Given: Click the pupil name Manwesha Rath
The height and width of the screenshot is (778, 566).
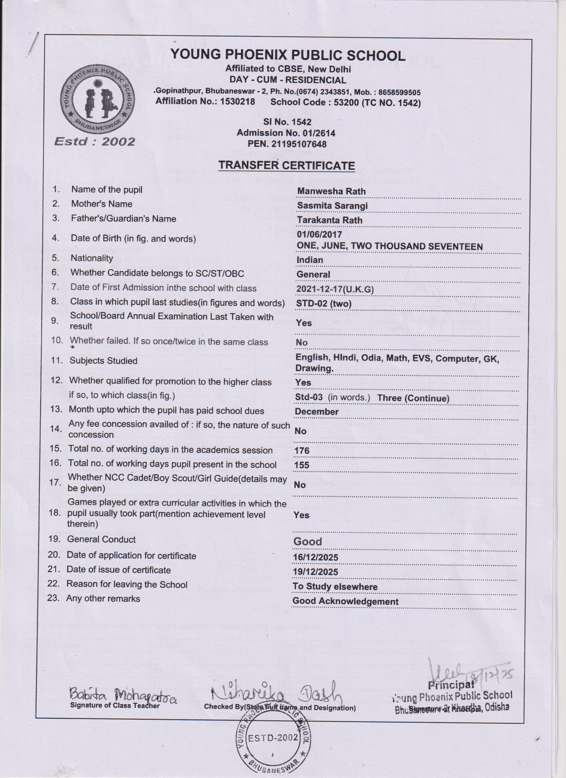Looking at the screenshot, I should click(x=331, y=191).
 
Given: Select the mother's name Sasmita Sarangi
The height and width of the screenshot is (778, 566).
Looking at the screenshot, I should click(x=332, y=206).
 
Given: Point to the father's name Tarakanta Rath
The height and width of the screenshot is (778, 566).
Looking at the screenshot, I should click(x=330, y=220).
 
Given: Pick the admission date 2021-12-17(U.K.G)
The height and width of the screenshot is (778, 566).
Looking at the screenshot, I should click(x=335, y=289).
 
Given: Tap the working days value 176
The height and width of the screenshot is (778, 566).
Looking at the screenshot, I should click(x=302, y=450).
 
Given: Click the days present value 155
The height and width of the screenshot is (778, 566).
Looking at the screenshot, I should click(x=302, y=465).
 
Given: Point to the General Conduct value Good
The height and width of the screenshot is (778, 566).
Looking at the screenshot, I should click(x=308, y=542).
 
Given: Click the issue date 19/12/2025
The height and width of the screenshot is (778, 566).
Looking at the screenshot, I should click(x=315, y=572).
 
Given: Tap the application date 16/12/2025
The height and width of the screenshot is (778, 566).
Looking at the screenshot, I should click(x=315, y=557).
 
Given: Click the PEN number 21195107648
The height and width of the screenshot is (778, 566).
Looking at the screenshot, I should click(x=299, y=144).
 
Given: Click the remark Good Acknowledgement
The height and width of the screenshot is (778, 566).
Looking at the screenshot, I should click(x=345, y=601).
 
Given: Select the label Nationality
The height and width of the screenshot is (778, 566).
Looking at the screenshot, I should click(x=92, y=258).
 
